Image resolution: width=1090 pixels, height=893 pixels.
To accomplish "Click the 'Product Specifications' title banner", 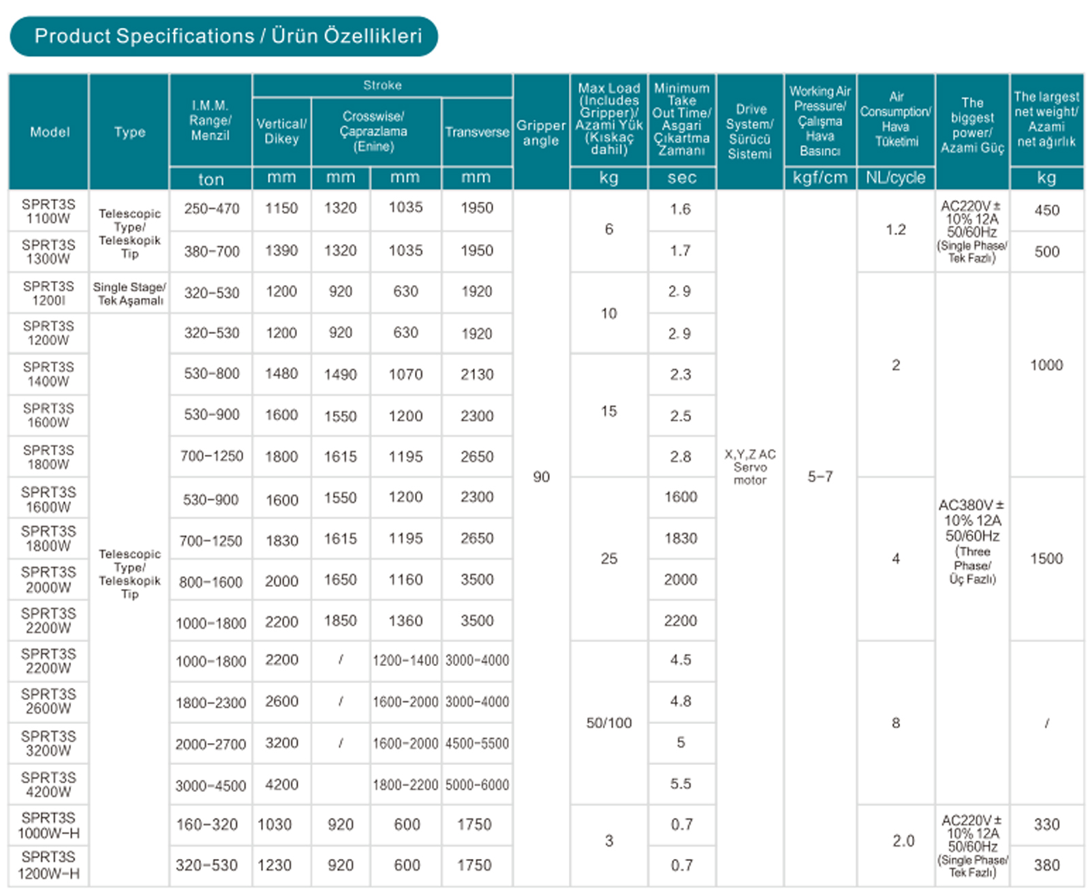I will pos(223,36).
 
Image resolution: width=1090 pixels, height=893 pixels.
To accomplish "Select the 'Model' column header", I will pos(49,132).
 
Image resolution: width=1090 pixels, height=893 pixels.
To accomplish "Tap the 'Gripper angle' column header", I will pos(541,133).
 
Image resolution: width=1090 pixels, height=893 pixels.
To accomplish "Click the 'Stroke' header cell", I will pos(382,85).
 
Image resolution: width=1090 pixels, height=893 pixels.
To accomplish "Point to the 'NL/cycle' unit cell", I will pos(895,178).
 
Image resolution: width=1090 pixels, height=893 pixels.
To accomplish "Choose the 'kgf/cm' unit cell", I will pos(820,178).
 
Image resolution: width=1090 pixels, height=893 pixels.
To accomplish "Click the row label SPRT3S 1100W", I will pos(48,211).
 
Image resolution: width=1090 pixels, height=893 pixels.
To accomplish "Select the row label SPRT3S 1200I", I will pos(48,293).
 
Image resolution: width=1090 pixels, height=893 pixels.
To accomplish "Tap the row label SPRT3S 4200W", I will pos(48,785).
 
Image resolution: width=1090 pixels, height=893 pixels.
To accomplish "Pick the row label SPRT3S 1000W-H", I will pos(48,826).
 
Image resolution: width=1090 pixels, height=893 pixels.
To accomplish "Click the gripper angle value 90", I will pos(541,476).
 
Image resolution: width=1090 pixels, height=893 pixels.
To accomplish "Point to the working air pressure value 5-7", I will pos(820,476).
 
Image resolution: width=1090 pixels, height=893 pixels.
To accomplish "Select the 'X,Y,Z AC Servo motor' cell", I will pos(749,467).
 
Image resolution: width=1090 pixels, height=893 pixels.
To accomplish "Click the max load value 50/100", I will pos(609,723).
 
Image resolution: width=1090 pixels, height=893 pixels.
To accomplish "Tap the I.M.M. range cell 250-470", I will pos(211,209).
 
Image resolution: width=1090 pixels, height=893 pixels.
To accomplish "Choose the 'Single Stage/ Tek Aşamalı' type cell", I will pos(129,294).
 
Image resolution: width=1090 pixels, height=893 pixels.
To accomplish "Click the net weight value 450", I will pos(1046,210).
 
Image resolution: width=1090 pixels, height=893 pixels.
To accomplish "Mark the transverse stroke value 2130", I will pos(477,374).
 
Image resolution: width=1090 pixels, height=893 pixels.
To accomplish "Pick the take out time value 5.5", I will pos(681,784).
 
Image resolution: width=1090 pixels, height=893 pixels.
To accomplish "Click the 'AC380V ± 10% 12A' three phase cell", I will pos(972,542).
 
